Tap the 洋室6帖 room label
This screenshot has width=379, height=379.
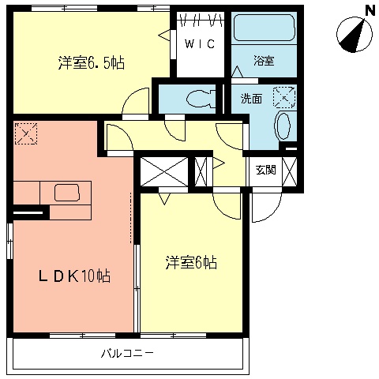click(x=191, y=261)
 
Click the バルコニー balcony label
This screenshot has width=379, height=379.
click(x=126, y=353)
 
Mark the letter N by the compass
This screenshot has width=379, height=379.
click(x=369, y=9)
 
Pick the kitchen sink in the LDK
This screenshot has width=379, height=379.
click(x=66, y=191)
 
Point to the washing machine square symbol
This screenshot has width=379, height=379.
click(x=283, y=98)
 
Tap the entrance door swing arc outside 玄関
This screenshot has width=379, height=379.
click(x=262, y=207)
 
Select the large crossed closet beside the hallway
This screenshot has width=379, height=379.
click(x=164, y=172)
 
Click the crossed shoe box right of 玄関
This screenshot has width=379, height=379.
click(x=290, y=170)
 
